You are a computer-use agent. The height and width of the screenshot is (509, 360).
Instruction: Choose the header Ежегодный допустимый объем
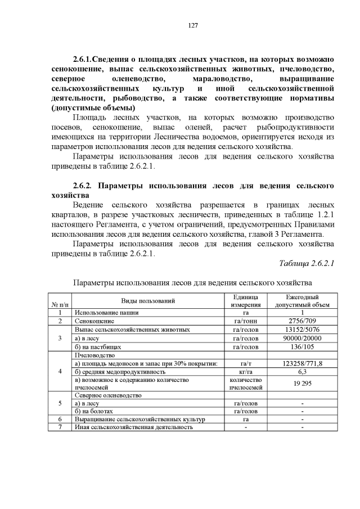pyautogui.click(x=302, y=301)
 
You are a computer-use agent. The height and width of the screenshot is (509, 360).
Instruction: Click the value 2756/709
pyautogui.click(x=302, y=321)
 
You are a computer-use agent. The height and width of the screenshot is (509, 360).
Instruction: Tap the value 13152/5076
pyautogui.click(x=302, y=330)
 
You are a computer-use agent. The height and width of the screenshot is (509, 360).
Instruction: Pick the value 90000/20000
pyautogui.click(x=302, y=339)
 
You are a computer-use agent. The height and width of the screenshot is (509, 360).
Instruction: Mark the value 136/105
pyautogui.click(x=302, y=347)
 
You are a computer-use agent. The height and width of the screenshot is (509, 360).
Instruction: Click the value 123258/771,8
pyautogui.click(x=302, y=364)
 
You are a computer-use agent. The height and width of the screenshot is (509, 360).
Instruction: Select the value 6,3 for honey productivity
pyautogui.click(x=302, y=372)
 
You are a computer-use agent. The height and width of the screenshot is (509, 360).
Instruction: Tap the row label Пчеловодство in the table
pyautogui.click(x=94, y=355)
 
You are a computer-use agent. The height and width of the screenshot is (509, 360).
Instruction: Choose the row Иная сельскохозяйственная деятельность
pyautogui.click(x=133, y=427)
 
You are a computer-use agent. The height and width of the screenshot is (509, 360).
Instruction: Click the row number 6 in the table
pyautogui.click(x=59, y=419)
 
